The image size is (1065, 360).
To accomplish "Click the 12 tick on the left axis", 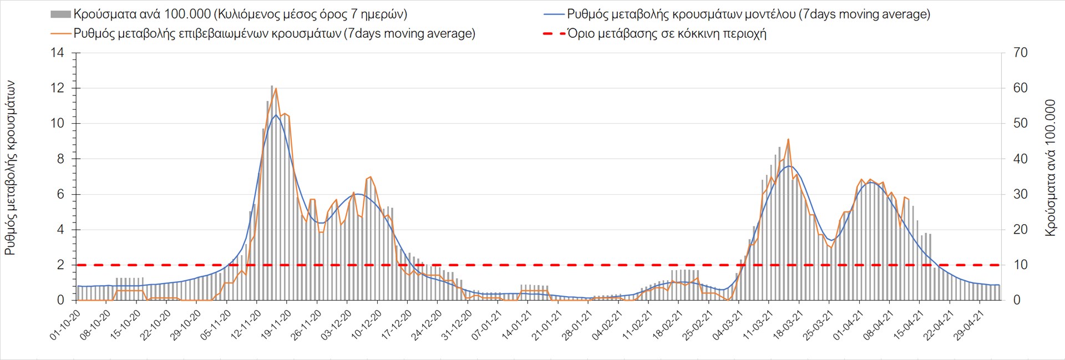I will click(58, 88).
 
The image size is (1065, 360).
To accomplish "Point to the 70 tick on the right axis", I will click(1020, 53).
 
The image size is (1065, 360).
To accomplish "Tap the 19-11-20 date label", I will click(277, 324).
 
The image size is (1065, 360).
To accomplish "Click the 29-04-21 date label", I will click(970, 324).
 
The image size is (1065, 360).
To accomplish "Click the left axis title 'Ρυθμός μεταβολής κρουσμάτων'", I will click(10, 168).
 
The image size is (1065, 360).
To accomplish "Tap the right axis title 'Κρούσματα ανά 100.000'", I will click(1050, 168).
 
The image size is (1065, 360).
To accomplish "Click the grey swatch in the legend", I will click(60, 14).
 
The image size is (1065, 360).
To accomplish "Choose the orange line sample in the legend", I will click(60, 33).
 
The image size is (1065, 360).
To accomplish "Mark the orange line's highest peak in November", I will click(276, 88).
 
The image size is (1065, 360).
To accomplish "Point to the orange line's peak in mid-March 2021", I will click(788, 139).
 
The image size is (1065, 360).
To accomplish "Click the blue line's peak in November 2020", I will click(276, 115).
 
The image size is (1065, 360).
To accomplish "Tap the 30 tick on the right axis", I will click(1020, 194).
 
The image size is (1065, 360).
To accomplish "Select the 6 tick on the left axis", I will click(60, 194).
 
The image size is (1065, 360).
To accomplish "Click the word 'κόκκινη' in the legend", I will click(698, 33).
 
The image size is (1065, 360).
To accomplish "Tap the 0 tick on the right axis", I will click(1017, 300).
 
